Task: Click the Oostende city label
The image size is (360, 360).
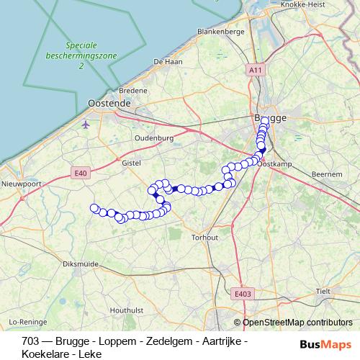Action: [x=109, y=104]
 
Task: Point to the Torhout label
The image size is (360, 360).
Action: [x=205, y=237]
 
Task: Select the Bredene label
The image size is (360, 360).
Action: [x=132, y=91]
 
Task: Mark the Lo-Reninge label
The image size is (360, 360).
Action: [x=28, y=321]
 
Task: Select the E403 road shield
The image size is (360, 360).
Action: [x=243, y=293]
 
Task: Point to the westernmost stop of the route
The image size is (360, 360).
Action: [x=94, y=209]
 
